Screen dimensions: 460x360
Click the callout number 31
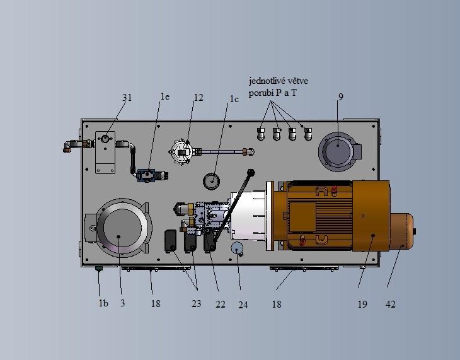(127, 97)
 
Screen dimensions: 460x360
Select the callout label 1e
(165, 96)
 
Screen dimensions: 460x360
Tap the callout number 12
(198, 97)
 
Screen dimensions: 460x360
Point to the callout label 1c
(234, 99)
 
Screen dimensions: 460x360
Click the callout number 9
(341, 96)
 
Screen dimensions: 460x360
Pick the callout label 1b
(103, 303)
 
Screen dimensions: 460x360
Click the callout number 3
(123, 303)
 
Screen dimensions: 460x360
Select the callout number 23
(196, 303)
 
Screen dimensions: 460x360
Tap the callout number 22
(221, 304)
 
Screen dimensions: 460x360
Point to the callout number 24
(243, 305)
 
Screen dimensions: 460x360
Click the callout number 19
(362, 304)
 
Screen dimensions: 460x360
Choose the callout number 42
(390, 304)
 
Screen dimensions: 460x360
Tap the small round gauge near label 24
(238, 248)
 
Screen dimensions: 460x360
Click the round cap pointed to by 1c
(211, 181)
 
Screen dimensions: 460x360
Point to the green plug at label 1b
(98, 269)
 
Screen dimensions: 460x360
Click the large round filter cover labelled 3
(123, 228)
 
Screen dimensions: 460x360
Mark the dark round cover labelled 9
(337, 151)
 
